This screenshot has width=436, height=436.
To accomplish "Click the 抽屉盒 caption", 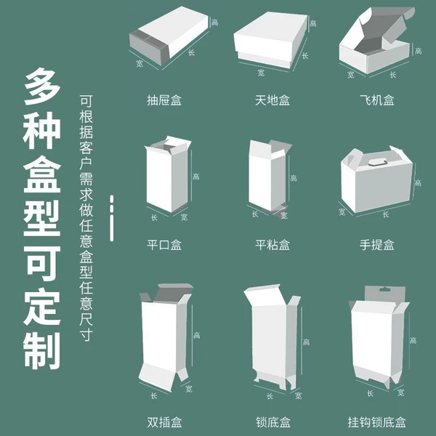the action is (164, 100).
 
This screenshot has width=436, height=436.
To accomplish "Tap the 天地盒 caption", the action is (272, 100).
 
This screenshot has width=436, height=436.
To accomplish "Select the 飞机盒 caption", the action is (376, 100).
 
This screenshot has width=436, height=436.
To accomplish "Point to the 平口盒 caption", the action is (164, 245).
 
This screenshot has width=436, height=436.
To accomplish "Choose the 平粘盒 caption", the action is (272, 245).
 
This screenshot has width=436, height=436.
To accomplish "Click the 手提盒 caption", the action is (376, 245).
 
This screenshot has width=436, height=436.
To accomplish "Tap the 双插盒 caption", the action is (164, 422).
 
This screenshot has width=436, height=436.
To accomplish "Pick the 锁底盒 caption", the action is (273, 422).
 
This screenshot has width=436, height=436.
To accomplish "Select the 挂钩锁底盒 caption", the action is (376, 422).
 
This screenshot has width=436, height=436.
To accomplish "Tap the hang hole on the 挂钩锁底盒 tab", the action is (384, 289).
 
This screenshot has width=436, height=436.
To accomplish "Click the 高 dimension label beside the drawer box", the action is (214, 23).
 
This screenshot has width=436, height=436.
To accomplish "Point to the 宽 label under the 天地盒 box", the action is (261, 73).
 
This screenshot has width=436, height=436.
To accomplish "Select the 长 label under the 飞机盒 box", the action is (392, 75).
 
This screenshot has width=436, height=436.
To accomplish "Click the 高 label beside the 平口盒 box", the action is (196, 177).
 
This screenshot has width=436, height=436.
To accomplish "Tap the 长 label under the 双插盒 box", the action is (154, 395).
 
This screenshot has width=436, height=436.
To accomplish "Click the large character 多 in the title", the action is (41, 86).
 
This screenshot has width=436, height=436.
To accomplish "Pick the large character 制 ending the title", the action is (41, 351).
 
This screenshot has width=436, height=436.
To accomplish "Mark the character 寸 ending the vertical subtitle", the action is (86, 334).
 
